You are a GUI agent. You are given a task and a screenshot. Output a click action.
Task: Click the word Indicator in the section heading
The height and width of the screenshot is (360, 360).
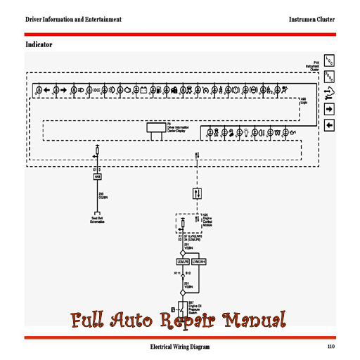(39, 44)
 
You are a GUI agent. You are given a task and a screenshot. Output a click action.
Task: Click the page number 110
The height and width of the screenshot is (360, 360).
(330, 347)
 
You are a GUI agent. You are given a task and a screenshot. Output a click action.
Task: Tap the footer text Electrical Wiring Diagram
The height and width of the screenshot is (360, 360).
(179, 347)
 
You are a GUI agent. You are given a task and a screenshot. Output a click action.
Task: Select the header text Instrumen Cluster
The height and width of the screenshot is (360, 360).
(312, 19)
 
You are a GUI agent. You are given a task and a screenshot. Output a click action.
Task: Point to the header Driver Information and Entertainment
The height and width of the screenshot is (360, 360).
(73, 19)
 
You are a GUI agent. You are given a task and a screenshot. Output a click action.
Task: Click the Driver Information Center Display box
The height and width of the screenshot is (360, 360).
(155, 128)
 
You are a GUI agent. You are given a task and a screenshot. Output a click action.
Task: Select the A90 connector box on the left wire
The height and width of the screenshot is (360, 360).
(98, 177)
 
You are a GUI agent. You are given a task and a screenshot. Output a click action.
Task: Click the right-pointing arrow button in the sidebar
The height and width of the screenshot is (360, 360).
(328, 109)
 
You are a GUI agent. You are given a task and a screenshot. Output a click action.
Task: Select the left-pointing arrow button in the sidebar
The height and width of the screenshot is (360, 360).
(328, 125)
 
